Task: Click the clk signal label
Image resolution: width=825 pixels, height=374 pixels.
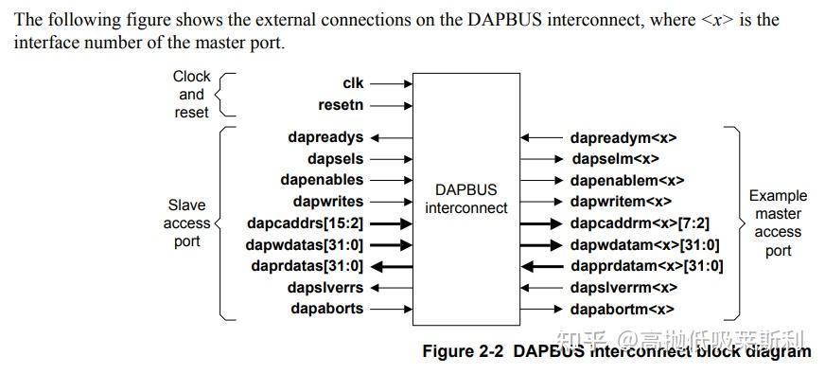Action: (x=352, y=83)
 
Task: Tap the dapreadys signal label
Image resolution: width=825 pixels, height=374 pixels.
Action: (x=325, y=137)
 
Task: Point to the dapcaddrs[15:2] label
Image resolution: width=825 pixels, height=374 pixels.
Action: (x=307, y=223)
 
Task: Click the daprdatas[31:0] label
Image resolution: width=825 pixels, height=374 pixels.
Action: (x=307, y=266)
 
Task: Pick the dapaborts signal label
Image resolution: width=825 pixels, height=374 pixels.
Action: (x=327, y=309)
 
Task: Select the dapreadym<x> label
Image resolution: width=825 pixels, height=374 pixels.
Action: (x=623, y=138)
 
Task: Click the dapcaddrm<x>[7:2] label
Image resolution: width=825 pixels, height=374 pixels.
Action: (x=640, y=223)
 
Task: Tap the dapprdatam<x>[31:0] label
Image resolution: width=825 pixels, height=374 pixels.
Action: (x=646, y=266)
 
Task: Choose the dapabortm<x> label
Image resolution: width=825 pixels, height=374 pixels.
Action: (x=622, y=310)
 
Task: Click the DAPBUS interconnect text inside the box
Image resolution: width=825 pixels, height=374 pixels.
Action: (x=466, y=199)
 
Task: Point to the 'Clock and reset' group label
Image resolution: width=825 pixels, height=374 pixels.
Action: (x=191, y=94)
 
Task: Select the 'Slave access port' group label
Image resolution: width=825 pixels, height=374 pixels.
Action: (x=187, y=223)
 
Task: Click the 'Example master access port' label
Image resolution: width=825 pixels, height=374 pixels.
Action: (x=778, y=223)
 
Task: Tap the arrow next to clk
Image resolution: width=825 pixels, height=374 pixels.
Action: (x=394, y=83)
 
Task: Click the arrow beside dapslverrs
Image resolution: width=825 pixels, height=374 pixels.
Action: (x=394, y=287)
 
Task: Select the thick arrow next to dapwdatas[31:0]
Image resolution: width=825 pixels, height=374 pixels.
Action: (x=394, y=244)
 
